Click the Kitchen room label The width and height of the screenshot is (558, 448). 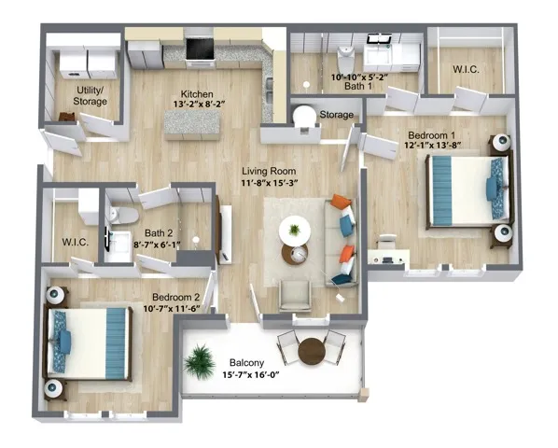tap(197, 94)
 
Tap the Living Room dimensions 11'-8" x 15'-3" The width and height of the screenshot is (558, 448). tap(269, 185)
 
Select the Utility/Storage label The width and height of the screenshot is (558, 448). tap(90, 96)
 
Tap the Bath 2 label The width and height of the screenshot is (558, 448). tap(158, 234)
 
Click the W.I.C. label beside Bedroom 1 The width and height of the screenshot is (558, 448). tap(466, 69)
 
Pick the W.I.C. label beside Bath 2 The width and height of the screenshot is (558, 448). tap(75, 243)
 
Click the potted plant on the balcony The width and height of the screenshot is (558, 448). tap(199, 359)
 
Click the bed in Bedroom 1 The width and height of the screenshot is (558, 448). tap(465, 191)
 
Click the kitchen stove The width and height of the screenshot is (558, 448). tap(199, 47)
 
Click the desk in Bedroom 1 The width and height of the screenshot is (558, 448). tap(387, 251)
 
